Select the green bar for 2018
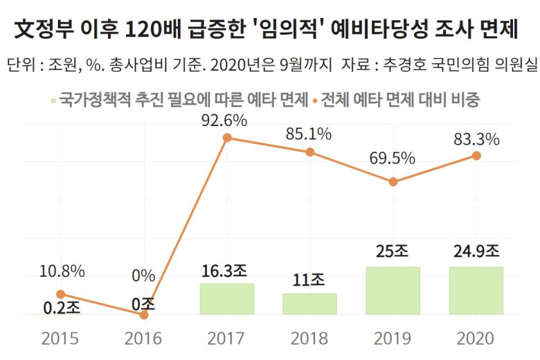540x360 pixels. (x=309, y=304)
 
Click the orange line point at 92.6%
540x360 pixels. (x=227, y=138)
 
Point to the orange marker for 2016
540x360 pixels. (x=144, y=315)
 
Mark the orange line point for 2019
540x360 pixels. (x=393, y=181)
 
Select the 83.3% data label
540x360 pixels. (x=476, y=139)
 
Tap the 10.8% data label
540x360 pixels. (x=61, y=271)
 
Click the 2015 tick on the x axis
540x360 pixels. (x=60, y=339)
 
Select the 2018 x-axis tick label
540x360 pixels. (x=309, y=339)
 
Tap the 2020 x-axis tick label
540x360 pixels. (x=476, y=339)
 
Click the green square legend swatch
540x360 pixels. (x=53, y=100)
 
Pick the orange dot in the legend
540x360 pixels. (x=314, y=100)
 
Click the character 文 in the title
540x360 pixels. (x=26, y=30)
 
